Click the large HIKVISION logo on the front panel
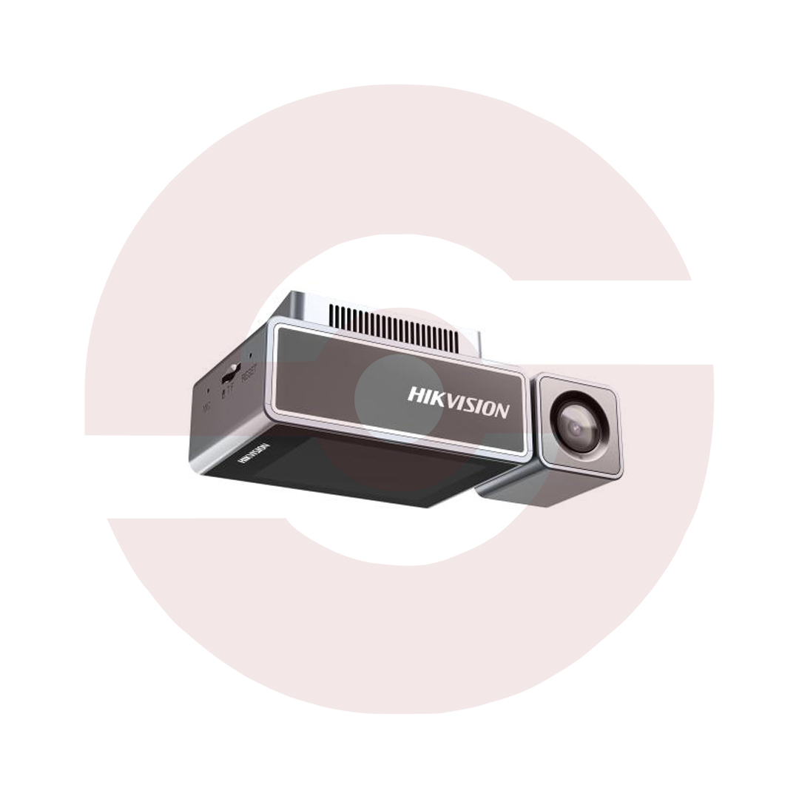[x=458, y=402]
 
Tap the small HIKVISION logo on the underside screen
[x=252, y=454]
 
